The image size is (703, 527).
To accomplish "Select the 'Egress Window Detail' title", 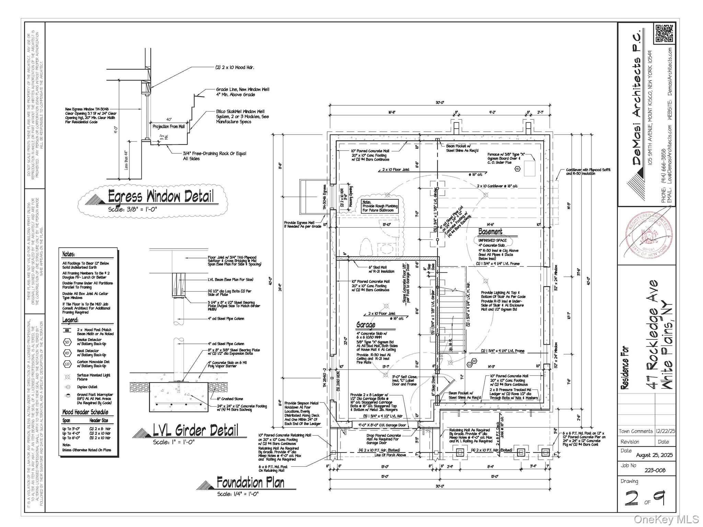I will tap(161, 197).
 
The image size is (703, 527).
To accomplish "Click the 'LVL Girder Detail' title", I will tap(195, 430).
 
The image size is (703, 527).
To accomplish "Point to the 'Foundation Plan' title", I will tap(251, 482).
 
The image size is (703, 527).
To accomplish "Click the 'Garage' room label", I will tap(366, 325).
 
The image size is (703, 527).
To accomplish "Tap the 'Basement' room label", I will tap(490, 232).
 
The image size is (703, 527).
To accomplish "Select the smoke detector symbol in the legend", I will tap(67, 342).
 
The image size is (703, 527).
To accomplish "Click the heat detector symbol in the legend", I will tap(67, 353).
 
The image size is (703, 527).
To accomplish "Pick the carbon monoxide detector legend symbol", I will tap(67, 364).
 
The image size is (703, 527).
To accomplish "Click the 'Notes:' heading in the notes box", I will tap(69, 254).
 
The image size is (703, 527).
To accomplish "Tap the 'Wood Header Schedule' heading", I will tap(85, 412).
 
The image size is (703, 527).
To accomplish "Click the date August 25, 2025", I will tap(654, 455).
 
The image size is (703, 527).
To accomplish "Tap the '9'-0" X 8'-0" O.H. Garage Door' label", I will tap(382, 425).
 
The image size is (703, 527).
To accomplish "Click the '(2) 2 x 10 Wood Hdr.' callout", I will tap(235, 68).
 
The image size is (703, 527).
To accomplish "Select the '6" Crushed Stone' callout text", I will tap(230, 399).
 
